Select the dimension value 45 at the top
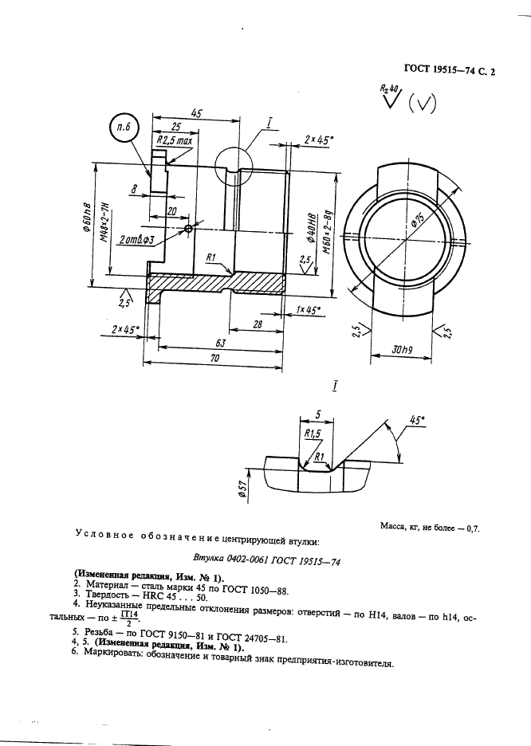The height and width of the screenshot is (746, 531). (196, 112)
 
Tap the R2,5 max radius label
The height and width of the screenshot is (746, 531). (175, 141)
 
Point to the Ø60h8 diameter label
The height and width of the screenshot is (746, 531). (87, 217)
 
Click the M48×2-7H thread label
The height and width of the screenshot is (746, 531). (105, 222)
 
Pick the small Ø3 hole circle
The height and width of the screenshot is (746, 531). (189, 229)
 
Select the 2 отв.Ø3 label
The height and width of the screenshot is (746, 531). (137, 240)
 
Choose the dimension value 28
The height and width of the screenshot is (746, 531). (258, 324)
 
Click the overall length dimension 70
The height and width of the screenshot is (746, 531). (214, 358)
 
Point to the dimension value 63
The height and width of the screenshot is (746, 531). (220, 343)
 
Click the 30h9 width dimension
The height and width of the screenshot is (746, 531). (402, 350)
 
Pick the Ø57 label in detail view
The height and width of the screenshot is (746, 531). (242, 489)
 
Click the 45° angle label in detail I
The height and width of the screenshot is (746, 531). (418, 419)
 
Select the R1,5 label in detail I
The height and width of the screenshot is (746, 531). (312, 434)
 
